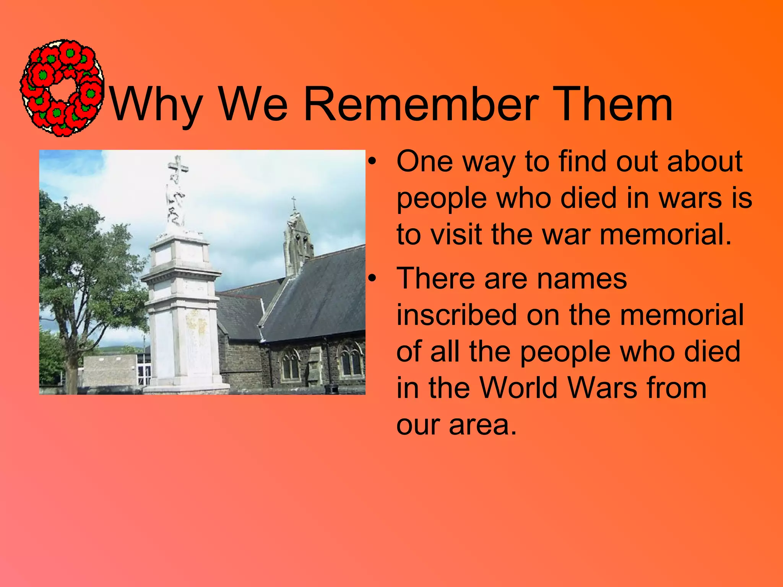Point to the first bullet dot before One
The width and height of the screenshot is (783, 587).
pyautogui.click(x=372, y=162)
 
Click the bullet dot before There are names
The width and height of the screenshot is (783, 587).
pyautogui.click(x=372, y=279)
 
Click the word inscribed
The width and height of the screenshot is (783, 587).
pyautogui.click(x=456, y=315)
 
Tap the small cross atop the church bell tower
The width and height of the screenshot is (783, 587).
pyautogui.click(x=294, y=203)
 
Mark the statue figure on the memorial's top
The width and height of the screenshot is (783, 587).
pyautogui.click(x=176, y=203)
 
